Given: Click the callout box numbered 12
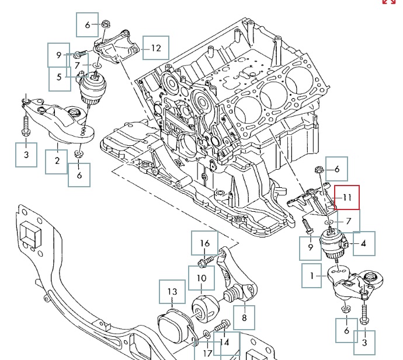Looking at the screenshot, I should pyautogui.click(x=155, y=48).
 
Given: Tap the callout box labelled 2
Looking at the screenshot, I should pyautogui.click(x=57, y=161).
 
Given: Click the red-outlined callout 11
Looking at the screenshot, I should pyautogui.click(x=347, y=198).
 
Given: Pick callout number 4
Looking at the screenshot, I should pyautogui.click(x=363, y=243).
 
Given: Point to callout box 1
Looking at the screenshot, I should pyautogui.click(x=312, y=275).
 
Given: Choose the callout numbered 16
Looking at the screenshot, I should pyautogui.click(x=204, y=243).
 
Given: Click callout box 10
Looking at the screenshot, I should pyautogui.click(x=200, y=278).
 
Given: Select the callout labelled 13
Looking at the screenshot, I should pyautogui.click(x=172, y=292).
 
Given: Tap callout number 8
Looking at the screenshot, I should pyautogui.click(x=244, y=318).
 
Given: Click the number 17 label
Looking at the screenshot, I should pyautogui.click(x=207, y=353).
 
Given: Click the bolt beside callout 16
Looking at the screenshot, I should pyautogui.click(x=204, y=260).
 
